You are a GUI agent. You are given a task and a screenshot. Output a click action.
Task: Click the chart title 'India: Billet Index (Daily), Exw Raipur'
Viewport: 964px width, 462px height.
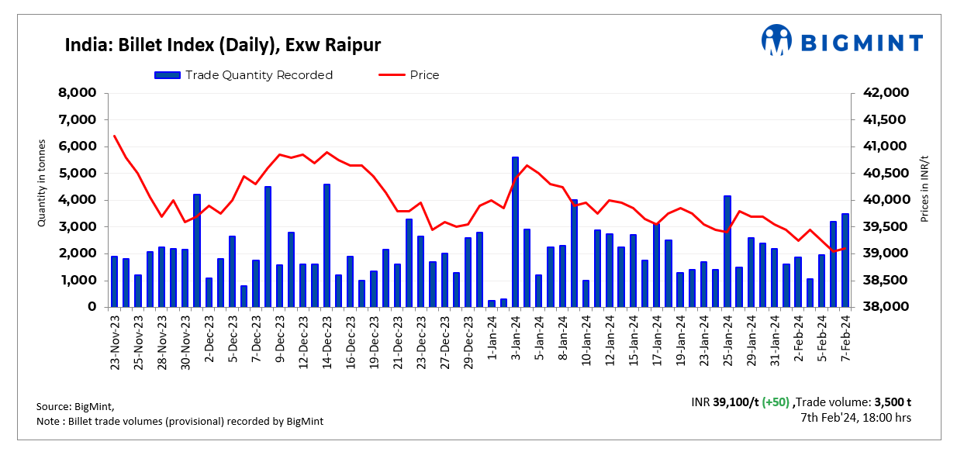pyautogui.click(x=223, y=45)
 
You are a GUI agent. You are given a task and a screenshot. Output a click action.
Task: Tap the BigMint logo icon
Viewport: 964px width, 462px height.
pyautogui.click(x=776, y=40)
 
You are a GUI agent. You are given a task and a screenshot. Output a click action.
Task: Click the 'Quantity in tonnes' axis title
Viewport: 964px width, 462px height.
pyautogui.click(x=43, y=184)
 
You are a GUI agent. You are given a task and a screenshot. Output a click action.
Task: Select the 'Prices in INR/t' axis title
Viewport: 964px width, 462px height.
pyautogui.click(x=924, y=189)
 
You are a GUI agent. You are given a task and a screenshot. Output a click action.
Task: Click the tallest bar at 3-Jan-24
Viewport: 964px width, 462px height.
pyautogui.click(x=515, y=232)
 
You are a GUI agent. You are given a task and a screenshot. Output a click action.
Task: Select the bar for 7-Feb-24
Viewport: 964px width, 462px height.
pyautogui.click(x=845, y=260)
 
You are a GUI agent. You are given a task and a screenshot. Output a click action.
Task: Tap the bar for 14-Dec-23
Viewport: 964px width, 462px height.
pyautogui.click(x=327, y=245)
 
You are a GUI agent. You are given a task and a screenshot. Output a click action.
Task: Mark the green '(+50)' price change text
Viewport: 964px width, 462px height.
pyautogui.click(x=776, y=402)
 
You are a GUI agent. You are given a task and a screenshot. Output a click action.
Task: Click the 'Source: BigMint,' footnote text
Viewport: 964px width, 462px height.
pyautogui.click(x=75, y=406)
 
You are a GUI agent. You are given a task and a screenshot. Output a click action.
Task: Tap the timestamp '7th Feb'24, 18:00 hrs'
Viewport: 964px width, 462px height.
pyautogui.click(x=855, y=418)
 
